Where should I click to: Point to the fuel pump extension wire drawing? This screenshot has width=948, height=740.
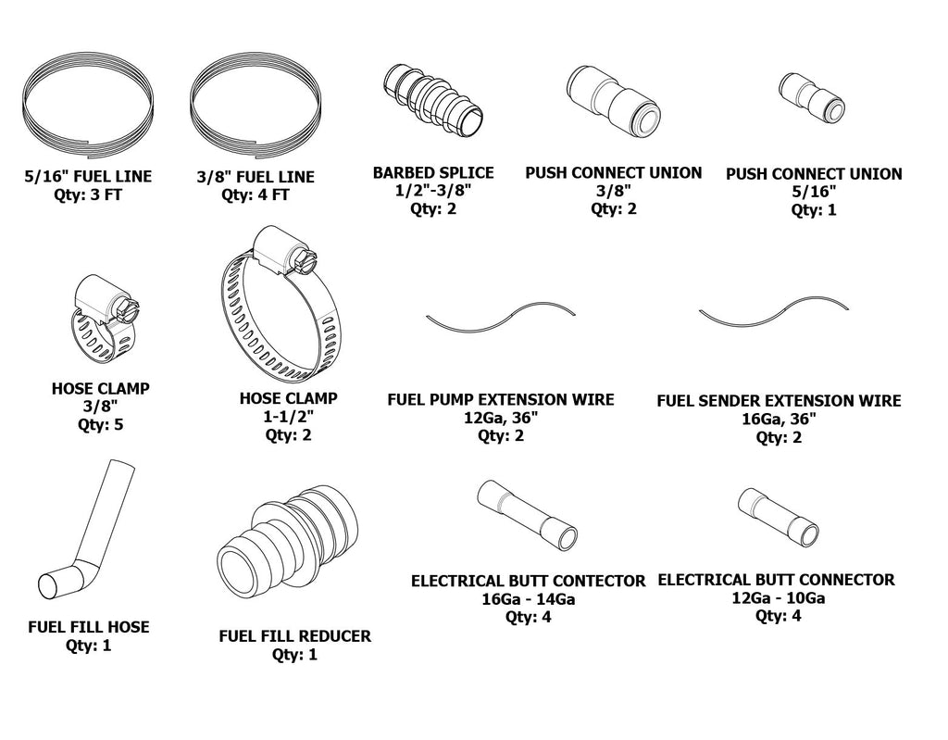(x=501, y=315)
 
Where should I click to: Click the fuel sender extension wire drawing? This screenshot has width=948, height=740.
(x=774, y=314)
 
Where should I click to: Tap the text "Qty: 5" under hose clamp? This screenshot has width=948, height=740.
(x=100, y=425)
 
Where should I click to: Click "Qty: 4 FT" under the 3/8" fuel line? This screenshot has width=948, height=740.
(x=255, y=195)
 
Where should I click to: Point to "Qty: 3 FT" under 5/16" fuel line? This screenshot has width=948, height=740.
(x=88, y=194)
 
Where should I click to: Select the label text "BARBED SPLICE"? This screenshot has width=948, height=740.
(x=433, y=173)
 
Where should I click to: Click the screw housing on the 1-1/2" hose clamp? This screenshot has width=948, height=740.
(x=280, y=252)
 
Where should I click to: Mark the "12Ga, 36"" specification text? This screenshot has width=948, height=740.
(x=500, y=418)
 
